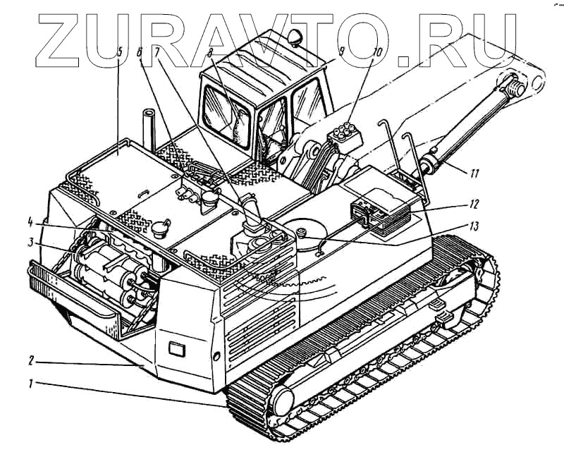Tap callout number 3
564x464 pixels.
point(31,242)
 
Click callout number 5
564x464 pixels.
point(120,51)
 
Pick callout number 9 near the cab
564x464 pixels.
point(341,51)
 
